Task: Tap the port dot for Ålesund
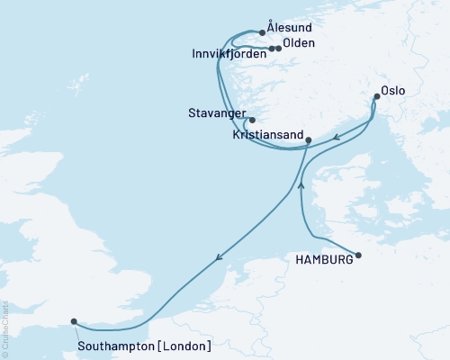263,32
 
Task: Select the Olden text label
299,43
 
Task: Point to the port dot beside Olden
278,49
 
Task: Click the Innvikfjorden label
229,55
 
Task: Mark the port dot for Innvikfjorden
271,49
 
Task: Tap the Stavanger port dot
252,120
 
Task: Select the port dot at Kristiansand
309,140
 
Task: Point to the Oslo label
392,90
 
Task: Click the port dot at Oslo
376,95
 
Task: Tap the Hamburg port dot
358,256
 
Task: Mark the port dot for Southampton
74,319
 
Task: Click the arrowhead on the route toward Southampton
219,258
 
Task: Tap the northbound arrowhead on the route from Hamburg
301,185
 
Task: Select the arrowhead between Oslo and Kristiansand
334,139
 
